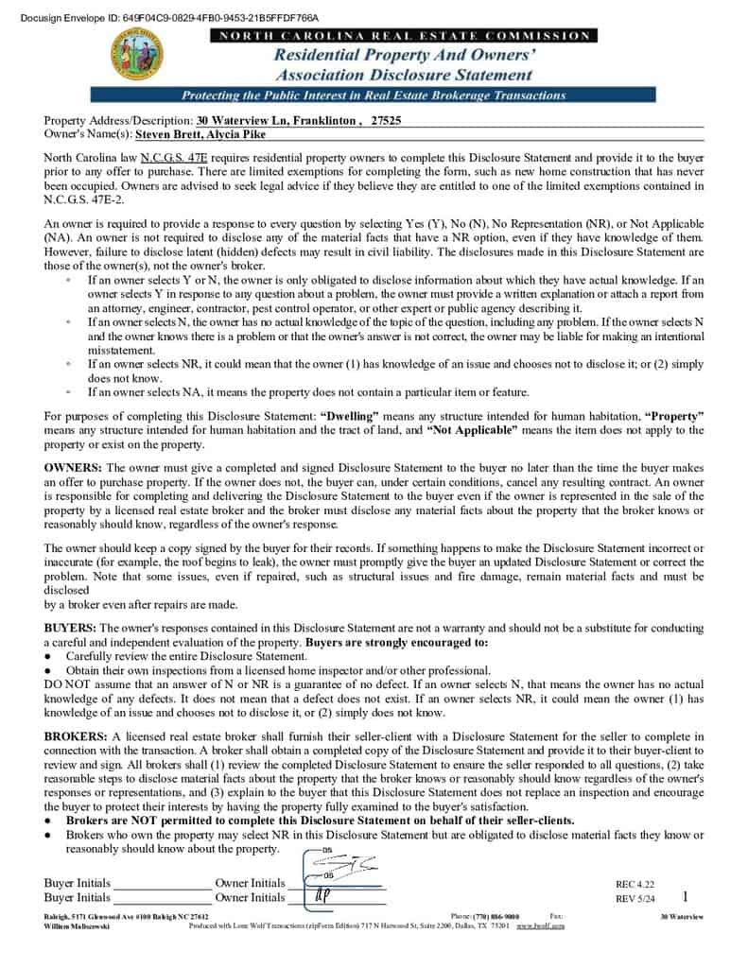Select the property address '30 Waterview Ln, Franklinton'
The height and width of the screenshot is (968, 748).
[x=276, y=121]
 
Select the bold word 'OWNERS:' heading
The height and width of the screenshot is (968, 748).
[x=74, y=468]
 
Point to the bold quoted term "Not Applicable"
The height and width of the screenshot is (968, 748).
[x=472, y=430]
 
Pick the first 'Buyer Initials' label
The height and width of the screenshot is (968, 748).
[x=77, y=883]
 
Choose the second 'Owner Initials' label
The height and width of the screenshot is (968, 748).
[x=250, y=897]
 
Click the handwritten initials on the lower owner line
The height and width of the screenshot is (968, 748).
[x=322, y=895]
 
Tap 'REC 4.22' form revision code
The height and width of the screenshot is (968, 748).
[x=635, y=885]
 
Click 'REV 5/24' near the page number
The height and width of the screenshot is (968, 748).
[x=635, y=899]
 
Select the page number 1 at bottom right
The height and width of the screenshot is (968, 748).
[x=685, y=896]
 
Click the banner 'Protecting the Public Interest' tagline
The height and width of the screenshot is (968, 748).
[x=373, y=95]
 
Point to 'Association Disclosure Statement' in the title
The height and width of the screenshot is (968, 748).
[x=404, y=75]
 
